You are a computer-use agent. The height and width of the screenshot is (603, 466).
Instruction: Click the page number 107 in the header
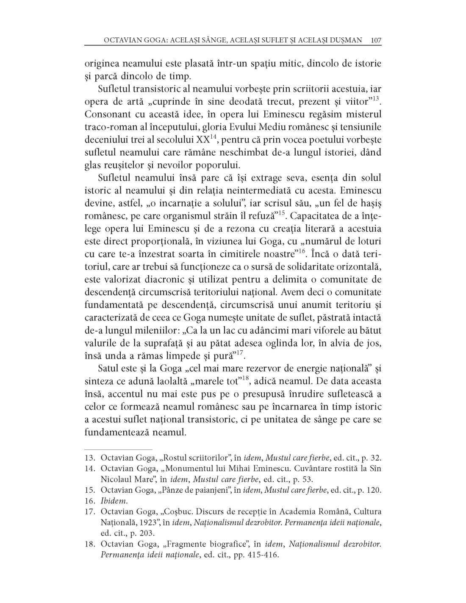coord(376,40)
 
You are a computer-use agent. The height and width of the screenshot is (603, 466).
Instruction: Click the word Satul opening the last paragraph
coord(109,368)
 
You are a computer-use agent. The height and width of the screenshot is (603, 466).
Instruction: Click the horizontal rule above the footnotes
coord(118,449)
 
